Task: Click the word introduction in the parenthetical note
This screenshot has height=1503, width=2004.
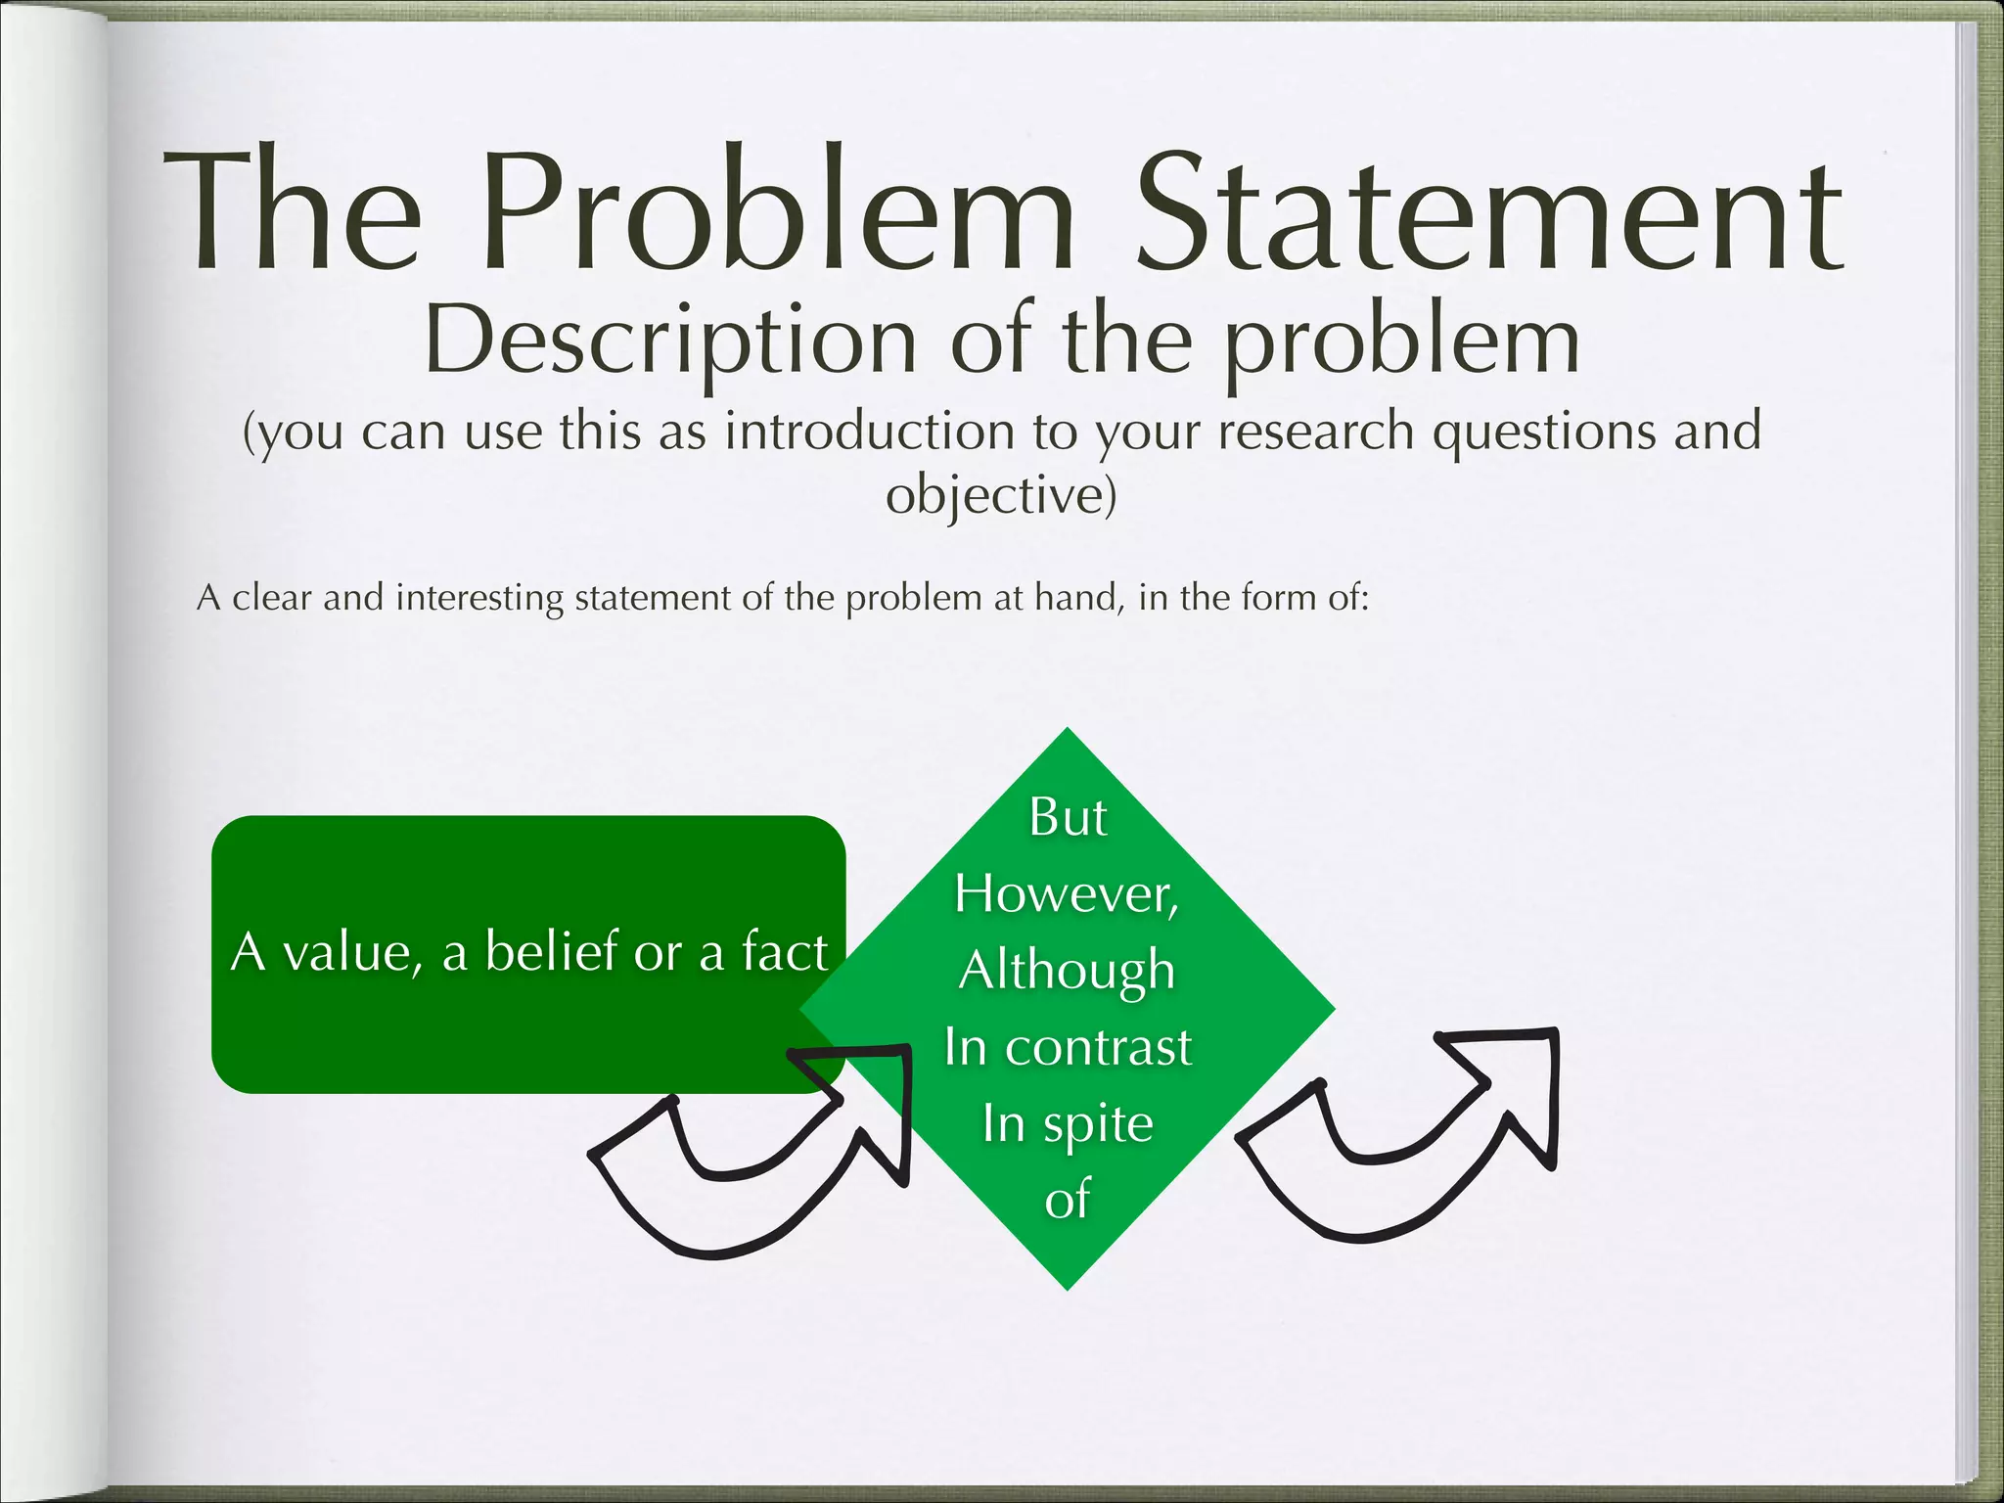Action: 869,432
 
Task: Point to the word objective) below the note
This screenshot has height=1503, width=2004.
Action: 1001,495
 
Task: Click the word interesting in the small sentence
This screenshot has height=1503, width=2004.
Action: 479,597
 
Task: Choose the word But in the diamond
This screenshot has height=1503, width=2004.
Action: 1068,817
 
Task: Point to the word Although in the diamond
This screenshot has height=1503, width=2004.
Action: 1067,971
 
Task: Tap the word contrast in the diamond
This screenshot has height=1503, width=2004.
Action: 1099,1047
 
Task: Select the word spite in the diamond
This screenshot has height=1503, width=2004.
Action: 1098,1124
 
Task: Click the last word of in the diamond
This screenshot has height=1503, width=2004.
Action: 1067,1200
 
